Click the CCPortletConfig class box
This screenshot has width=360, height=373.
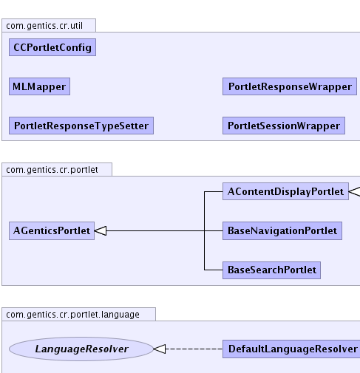[x=52, y=47]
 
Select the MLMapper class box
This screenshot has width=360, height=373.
[x=39, y=86]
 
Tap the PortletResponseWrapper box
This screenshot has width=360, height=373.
[x=290, y=86]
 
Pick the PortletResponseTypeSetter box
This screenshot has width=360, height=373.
[x=81, y=126]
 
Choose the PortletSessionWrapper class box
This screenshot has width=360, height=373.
[x=284, y=126]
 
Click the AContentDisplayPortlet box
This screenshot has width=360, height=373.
[x=285, y=191]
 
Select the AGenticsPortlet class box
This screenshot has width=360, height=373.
[x=52, y=230]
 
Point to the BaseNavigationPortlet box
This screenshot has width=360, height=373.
[x=282, y=230]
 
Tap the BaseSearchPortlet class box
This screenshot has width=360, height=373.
[x=271, y=270]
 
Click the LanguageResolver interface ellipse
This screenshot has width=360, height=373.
[x=81, y=349]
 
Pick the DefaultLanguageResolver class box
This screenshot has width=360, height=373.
[x=291, y=349]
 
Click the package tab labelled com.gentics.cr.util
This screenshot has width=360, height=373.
[x=49, y=25]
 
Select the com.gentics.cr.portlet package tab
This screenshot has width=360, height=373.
[x=57, y=169]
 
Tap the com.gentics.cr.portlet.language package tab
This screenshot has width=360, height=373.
[x=78, y=314]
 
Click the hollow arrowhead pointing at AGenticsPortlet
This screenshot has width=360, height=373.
[x=101, y=230]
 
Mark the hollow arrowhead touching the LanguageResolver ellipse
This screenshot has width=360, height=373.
[x=160, y=349]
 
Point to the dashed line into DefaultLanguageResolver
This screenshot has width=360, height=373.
[x=194, y=349]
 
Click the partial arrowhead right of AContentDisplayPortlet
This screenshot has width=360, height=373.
[x=355, y=191]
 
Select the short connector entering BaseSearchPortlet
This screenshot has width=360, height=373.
[x=214, y=270]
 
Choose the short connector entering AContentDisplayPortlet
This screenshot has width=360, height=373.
[x=214, y=191]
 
